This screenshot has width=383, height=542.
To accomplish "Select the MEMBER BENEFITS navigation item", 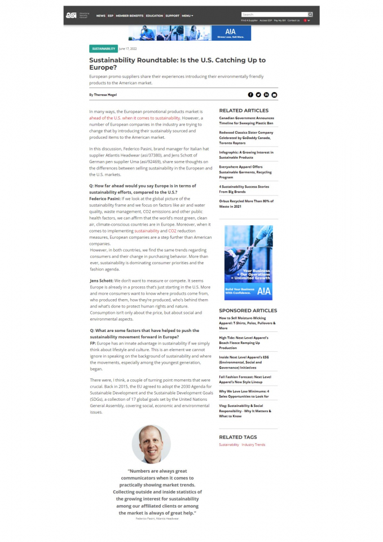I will click(x=130, y=16).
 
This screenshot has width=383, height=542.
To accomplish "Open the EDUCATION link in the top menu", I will click(x=155, y=16).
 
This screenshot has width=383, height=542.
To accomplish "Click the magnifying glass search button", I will click(x=310, y=14).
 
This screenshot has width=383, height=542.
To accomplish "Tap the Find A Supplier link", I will click(x=249, y=20).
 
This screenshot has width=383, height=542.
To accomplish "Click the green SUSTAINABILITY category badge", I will click(x=103, y=49).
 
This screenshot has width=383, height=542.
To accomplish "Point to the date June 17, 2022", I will click(x=128, y=49).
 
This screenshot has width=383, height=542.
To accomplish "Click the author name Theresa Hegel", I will click(x=105, y=95).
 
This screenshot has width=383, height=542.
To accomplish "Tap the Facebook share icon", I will click(x=250, y=95).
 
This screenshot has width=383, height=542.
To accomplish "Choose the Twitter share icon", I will click(x=258, y=95).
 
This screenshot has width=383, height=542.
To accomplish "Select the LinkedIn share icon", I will click(x=266, y=95).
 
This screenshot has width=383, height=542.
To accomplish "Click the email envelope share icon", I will click(x=274, y=95).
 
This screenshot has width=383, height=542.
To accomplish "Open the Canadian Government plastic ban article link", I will click(x=246, y=120).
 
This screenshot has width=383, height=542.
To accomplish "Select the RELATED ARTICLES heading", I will click(x=244, y=110).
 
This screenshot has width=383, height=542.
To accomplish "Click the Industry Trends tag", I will click(x=253, y=445).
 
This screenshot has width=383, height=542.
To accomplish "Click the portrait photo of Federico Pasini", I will click(x=151, y=444).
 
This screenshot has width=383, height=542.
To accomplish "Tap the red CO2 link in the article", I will click(x=173, y=231).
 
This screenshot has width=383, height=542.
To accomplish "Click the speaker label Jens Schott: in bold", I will click(x=102, y=281).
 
